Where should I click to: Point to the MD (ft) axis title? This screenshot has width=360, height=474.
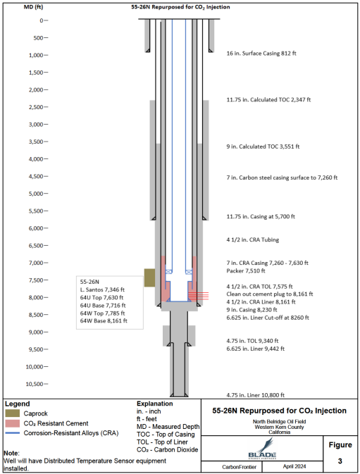[33, 7]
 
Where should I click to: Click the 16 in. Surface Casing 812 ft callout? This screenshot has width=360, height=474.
[261, 54]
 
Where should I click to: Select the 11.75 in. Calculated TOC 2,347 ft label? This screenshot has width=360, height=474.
[268, 100]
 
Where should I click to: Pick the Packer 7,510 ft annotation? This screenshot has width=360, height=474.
[246, 271]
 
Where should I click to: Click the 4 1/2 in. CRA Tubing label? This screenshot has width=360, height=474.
[253, 239]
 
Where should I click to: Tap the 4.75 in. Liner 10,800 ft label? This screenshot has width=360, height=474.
[256, 395]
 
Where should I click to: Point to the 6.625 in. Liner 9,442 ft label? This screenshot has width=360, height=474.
[256, 349]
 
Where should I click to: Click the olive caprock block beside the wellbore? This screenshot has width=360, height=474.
[149, 277]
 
